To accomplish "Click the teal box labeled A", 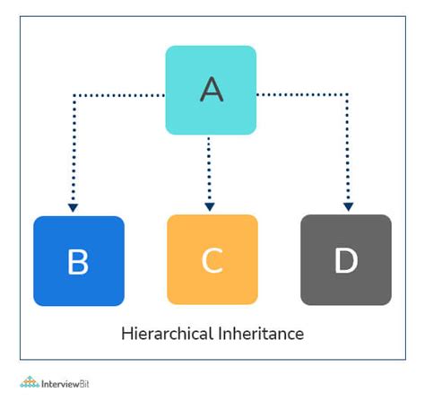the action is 211,90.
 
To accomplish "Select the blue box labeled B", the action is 79,261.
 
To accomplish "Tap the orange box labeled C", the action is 212,259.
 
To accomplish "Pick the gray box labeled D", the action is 346,260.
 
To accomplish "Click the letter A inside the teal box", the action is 212,89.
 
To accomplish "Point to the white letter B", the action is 78,262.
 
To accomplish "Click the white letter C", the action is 212,260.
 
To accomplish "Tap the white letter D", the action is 346,260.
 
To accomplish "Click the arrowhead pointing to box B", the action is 73,207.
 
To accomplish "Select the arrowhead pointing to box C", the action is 210,206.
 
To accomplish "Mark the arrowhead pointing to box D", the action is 348,206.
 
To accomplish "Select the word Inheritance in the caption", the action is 261,333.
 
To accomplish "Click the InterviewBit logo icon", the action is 30,382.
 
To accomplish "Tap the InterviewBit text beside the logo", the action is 65,384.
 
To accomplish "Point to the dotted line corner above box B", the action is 74,95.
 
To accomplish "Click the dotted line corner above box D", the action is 347,95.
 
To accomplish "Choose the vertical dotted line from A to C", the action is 209,170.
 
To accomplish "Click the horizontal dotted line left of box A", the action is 119,95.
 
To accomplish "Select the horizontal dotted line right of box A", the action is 302,95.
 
